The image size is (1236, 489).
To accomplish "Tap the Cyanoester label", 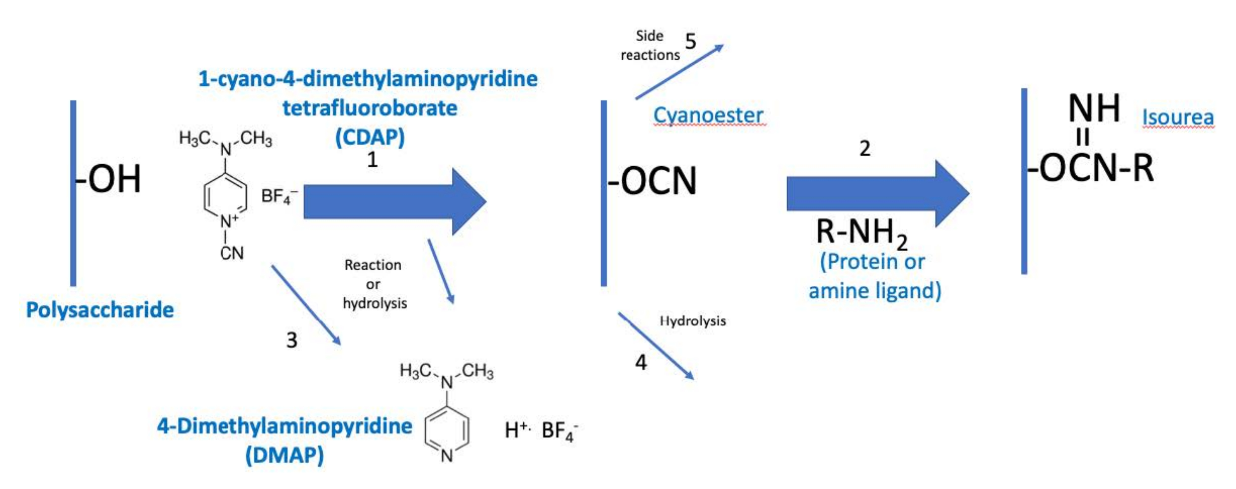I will coord(708,115).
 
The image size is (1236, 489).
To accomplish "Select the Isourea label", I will coord(1178,117).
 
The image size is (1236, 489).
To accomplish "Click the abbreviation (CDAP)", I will coord(370,137).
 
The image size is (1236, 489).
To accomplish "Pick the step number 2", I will coord(865,148).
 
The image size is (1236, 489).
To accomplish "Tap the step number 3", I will coord(292,340).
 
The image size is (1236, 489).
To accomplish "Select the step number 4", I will coord(641,362).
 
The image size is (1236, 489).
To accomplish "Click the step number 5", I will coord(690,42).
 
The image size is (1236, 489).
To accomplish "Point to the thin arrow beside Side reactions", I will coord(679,72).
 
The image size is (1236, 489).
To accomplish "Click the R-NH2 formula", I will coord(861,232).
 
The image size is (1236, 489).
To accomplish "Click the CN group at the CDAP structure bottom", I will coord(232,253).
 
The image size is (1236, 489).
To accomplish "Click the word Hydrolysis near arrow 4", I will coord(692,321).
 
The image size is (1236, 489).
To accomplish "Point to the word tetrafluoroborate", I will coord(369,108).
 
